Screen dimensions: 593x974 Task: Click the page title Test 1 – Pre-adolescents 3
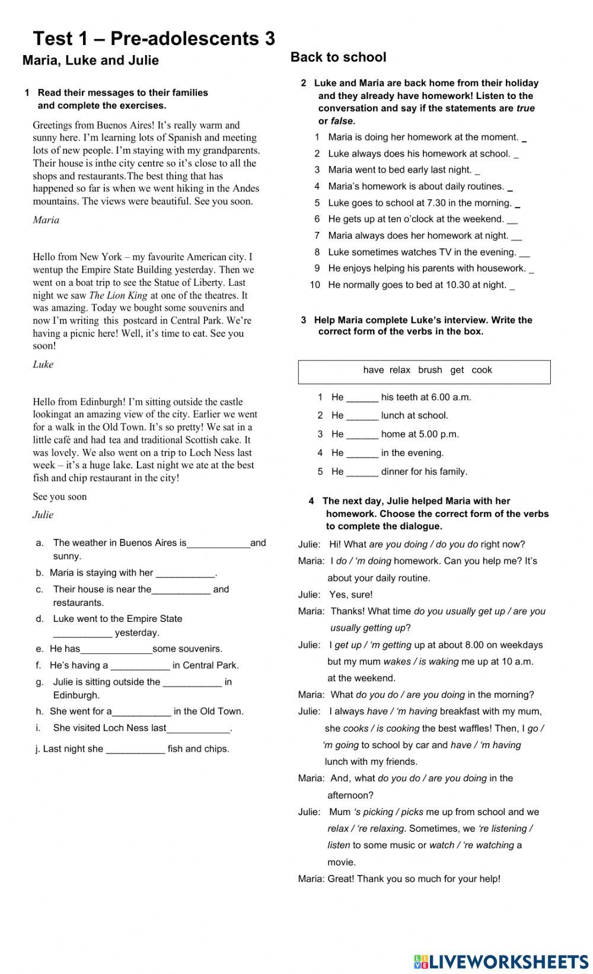154,39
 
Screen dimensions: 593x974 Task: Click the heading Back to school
338,58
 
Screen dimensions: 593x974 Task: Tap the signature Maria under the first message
46,220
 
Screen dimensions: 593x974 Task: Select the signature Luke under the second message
43,365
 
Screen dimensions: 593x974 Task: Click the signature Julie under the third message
43,515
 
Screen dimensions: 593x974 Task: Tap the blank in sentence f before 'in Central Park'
140,666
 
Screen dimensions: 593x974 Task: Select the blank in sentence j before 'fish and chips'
135,749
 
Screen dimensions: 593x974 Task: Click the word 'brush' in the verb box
430,370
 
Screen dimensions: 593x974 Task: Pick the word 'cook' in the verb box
482,370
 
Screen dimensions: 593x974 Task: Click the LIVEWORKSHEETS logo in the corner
500,961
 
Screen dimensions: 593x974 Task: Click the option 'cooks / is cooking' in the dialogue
381,729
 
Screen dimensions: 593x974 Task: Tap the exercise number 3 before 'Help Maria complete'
304,320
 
